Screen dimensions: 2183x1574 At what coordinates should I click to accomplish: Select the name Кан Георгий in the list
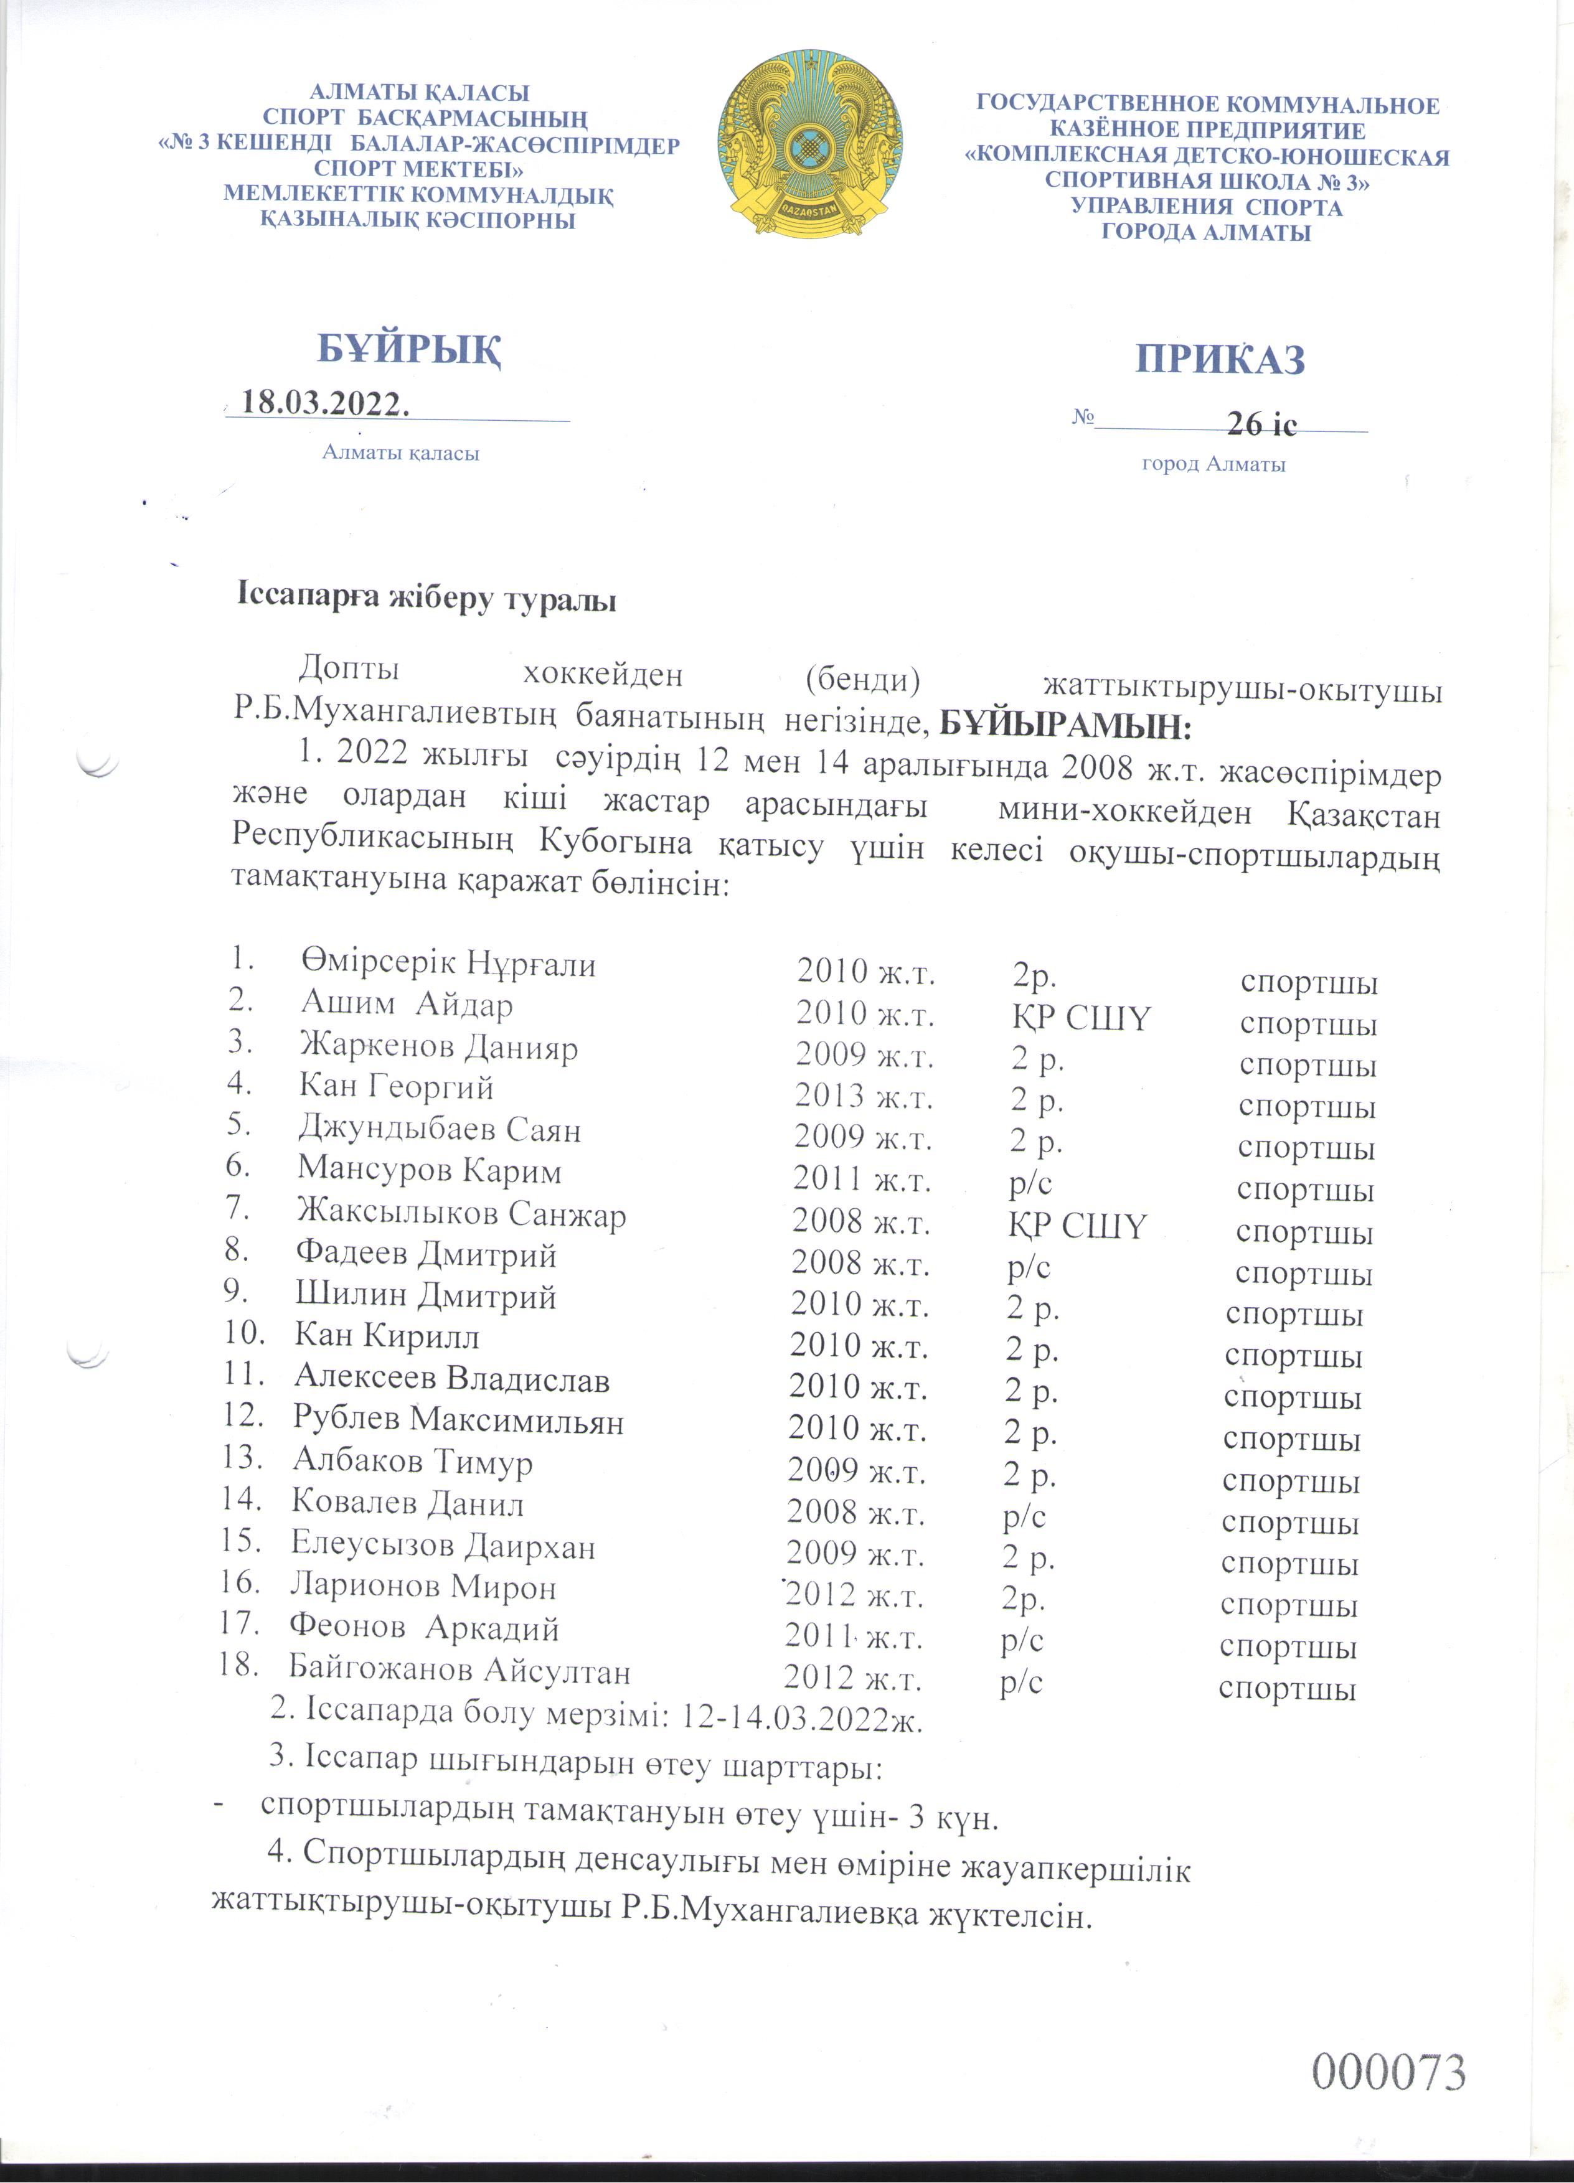(x=397, y=1087)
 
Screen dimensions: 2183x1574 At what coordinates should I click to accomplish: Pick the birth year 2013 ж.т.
(x=864, y=1096)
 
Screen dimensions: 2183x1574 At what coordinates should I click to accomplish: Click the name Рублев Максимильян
(x=458, y=1420)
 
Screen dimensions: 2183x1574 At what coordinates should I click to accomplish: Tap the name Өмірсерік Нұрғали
(x=448, y=962)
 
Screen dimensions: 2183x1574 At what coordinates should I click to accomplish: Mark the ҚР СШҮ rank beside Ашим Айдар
(x=1078, y=1018)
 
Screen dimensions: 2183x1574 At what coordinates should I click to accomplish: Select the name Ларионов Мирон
(x=423, y=1586)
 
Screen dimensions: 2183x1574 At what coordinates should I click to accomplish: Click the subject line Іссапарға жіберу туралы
(x=426, y=599)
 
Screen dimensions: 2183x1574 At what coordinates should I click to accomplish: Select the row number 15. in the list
(x=241, y=1541)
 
